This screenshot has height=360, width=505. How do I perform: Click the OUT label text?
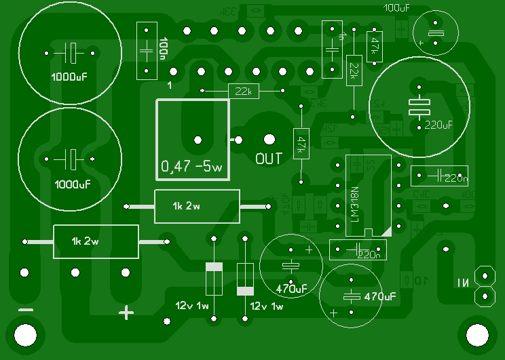pos(269,159)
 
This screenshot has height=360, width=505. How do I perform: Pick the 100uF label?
pos(396,7)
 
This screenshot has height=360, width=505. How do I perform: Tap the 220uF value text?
pos(438,125)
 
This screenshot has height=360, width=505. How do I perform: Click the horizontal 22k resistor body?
pos(242,92)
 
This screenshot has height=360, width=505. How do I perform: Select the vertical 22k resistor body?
pos(353,70)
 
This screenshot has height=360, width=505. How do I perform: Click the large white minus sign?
pos(26,311)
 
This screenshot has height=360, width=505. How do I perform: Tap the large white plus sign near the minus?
pos(125,313)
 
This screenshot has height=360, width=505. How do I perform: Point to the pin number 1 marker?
pos(169,85)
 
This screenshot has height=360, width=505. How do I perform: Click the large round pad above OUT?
pos(269,140)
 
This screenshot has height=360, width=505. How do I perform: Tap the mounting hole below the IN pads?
pos(476,334)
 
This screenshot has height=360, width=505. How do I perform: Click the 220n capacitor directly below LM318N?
pos(358,250)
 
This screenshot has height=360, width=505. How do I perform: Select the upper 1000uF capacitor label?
pos(69,76)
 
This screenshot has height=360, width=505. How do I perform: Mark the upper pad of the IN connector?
pos(485,275)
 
